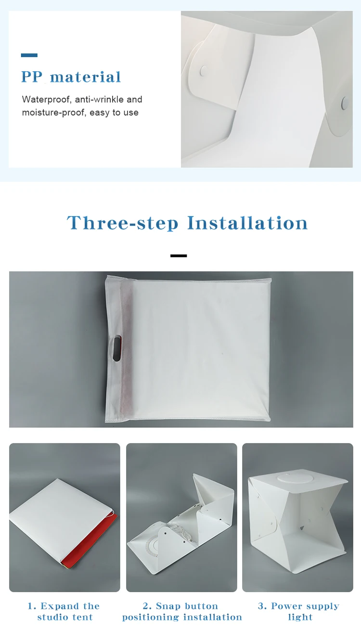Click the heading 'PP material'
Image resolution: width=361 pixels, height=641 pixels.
(x=71, y=77)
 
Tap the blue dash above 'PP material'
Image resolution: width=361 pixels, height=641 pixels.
(x=29, y=55)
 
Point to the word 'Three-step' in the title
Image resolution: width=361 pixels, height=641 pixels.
(x=123, y=223)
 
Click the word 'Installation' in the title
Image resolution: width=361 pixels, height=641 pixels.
(x=247, y=223)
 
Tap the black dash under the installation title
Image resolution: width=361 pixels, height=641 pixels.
(x=179, y=256)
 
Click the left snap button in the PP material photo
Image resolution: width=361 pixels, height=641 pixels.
(x=204, y=69)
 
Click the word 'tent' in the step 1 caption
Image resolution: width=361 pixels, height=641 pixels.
(x=83, y=617)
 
